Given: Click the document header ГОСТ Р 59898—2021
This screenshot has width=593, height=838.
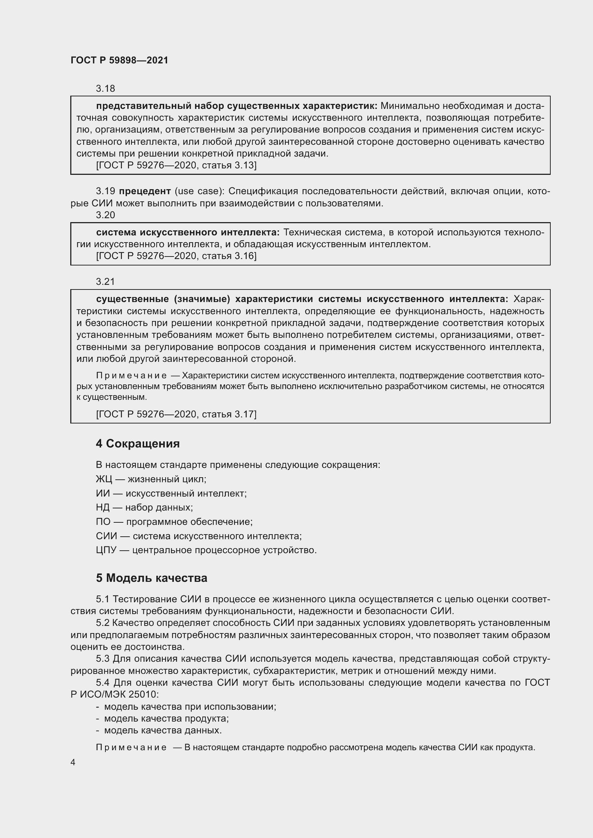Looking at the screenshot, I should click(x=119, y=60).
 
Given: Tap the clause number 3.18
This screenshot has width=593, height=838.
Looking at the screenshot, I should click(x=105, y=88).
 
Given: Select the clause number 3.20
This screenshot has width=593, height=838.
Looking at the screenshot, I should click(x=105, y=215).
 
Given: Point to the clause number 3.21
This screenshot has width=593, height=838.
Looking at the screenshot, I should click(x=105, y=281).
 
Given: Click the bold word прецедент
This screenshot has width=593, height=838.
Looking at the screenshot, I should click(x=145, y=191).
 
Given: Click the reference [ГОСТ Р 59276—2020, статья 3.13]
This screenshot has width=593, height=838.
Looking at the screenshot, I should click(x=176, y=165).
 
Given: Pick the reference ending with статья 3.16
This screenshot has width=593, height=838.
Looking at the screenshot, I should click(x=176, y=256).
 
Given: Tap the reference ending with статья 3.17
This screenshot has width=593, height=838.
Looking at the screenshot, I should click(x=176, y=414).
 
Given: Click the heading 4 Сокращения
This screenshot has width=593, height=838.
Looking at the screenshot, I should click(x=138, y=444).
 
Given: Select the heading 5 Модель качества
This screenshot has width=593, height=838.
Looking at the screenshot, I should click(x=151, y=578).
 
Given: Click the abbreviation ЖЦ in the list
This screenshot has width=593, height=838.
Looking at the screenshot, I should click(x=104, y=479).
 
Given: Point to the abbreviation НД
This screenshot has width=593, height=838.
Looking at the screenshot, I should click(x=103, y=507).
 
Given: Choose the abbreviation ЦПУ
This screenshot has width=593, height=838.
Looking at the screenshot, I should click(x=106, y=550).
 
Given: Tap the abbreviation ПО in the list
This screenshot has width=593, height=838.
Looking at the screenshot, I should click(x=103, y=522).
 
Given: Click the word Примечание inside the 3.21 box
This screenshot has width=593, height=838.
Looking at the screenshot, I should click(x=131, y=375).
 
